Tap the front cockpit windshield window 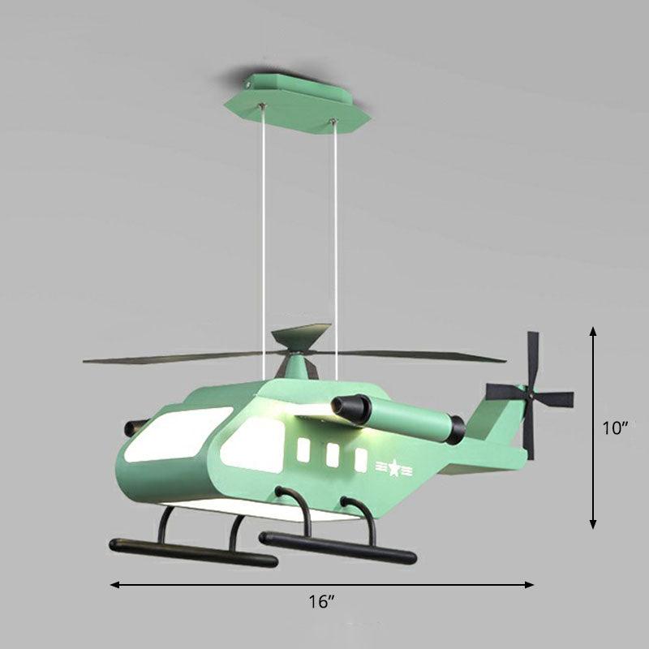(166, 434)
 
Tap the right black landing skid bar (337, 548)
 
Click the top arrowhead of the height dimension (593, 332)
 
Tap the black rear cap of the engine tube (458, 428)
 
